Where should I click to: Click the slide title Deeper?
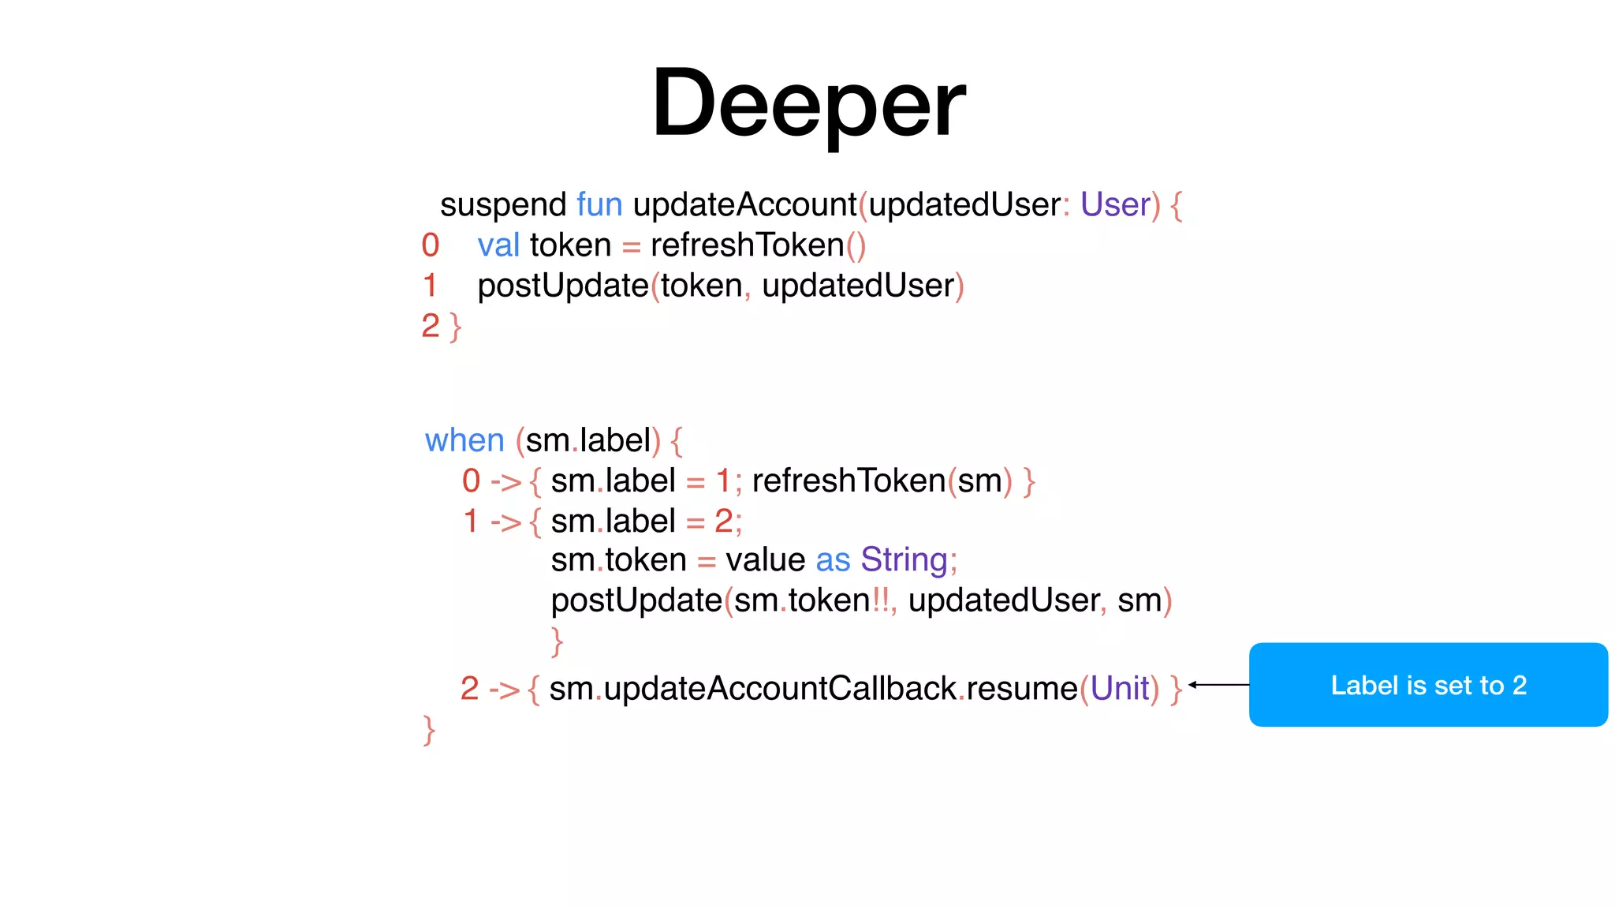tap(807, 103)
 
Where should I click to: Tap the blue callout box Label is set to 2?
tap(1428, 685)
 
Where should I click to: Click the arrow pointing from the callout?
tap(1218, 685)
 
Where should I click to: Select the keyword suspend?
tap(503, 205)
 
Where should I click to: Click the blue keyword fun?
tap(599, 204)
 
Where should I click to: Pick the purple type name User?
tap(1115, 204)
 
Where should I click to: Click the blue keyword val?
tap(498, 245)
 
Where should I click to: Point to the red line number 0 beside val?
tap(431, 245)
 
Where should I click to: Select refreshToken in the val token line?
tap(748, 245)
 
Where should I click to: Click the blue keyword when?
tap(464, 440)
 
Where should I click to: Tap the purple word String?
tap(904, 560)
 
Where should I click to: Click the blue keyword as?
tap(833, 560)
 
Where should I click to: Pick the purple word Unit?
tap(1120, 689)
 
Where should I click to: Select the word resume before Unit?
tap(1022, 689)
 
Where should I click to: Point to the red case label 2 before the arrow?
tap(469, 689)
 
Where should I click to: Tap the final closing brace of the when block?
tap(429, 730)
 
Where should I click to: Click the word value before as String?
tap(765, 560)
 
